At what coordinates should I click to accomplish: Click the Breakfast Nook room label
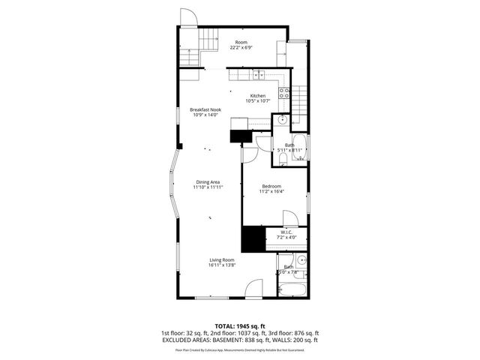click(205, 109)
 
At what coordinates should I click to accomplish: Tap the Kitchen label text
click(258, 96)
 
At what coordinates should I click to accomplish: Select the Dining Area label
click(208, 182)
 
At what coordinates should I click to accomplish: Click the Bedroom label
click(271, 186)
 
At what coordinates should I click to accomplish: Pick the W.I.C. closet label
click(286, 232)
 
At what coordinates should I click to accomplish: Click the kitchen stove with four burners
click(285, 94)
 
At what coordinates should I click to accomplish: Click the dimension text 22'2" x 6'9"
click(241, 48)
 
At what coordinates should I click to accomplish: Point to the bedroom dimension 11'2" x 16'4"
click(271, 191)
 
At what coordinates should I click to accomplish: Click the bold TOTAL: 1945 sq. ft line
click(240, 325)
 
